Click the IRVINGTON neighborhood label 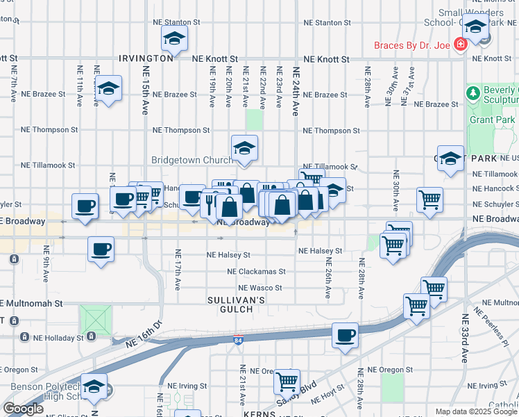click(x=146, y=59)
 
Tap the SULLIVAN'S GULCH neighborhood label click(x=237, y=304)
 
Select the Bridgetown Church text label click(x=192, y=160)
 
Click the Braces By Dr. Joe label click(x=412, y=45)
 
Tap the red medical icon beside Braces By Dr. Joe click(x=459, y=45)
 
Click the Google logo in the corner click(x=23, y=409)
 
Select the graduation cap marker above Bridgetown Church click(x=244, y=147)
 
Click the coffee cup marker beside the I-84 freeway click(x=345, y=336)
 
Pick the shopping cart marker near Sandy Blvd click(x=287, y=381)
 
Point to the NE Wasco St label click(x=260, y=288)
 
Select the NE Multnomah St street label click(x=31, y=304)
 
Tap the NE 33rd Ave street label click(x=465, y=334)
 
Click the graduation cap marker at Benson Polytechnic click(x=94, y=386)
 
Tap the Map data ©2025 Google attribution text click(x=475, y=411)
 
